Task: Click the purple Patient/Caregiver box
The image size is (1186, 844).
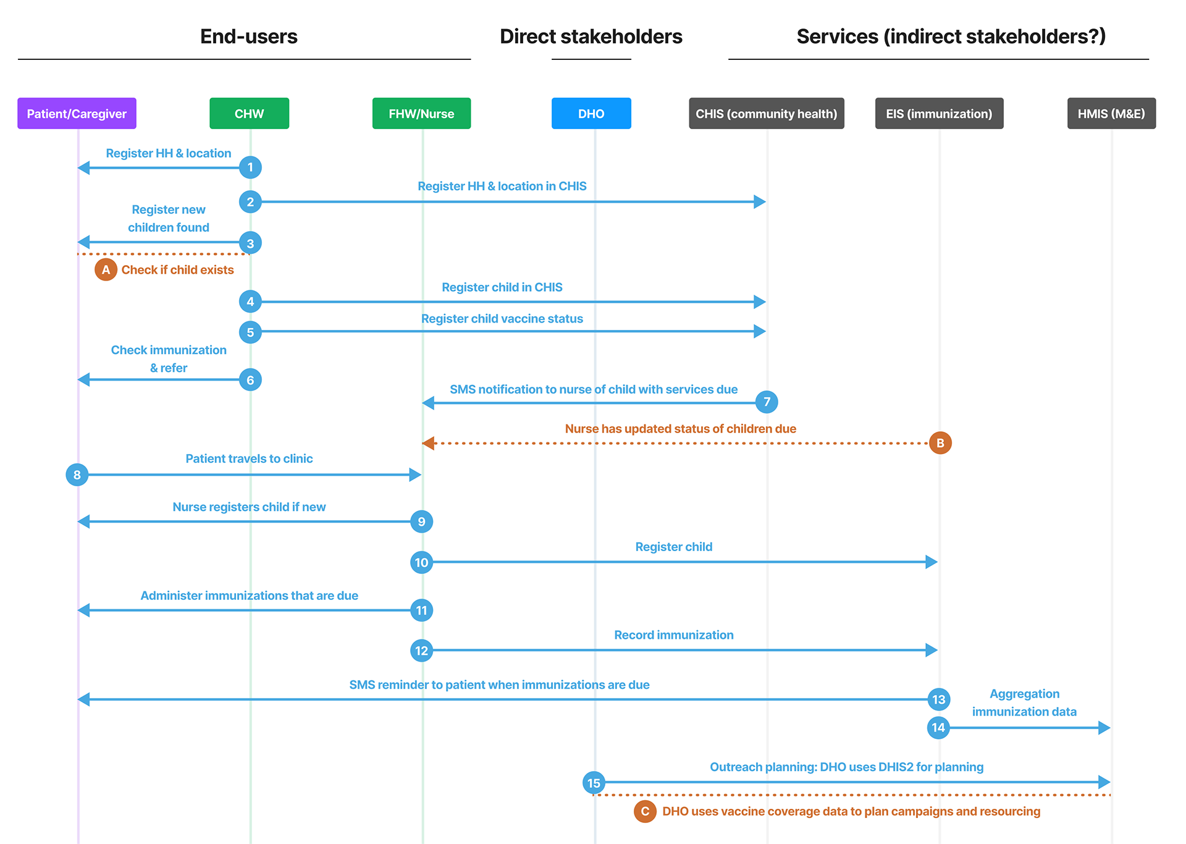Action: coord(77,114)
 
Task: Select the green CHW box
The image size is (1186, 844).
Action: coord(249,114)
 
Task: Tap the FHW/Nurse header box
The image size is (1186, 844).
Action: coord(421,114)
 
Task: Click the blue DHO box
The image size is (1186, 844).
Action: coord(591,114)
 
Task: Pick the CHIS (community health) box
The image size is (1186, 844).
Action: coord(767,114)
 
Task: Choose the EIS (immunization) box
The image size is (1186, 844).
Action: coord(939,114)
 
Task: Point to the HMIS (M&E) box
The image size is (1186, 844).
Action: coord(1111,114)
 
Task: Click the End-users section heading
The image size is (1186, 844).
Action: coord(249,36)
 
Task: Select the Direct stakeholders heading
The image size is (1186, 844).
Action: coord(591,36)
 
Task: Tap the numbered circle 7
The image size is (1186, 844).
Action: coord(767,402)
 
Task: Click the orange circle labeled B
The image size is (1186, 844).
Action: coord(940,443)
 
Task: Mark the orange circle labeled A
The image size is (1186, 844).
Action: coord(106,269)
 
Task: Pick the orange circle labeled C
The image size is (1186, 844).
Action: coord(645,811)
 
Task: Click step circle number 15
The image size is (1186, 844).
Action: coord(594,783)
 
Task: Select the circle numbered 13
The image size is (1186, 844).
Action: coord(939,699)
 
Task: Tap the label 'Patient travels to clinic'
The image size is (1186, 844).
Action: coord(249,458)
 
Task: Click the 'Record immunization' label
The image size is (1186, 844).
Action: coord(674,635)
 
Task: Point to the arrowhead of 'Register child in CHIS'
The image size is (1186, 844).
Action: coord(760,302)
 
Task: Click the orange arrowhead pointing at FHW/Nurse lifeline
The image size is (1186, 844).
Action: coord(428,443)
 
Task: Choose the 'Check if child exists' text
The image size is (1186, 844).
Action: coord(177,270)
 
